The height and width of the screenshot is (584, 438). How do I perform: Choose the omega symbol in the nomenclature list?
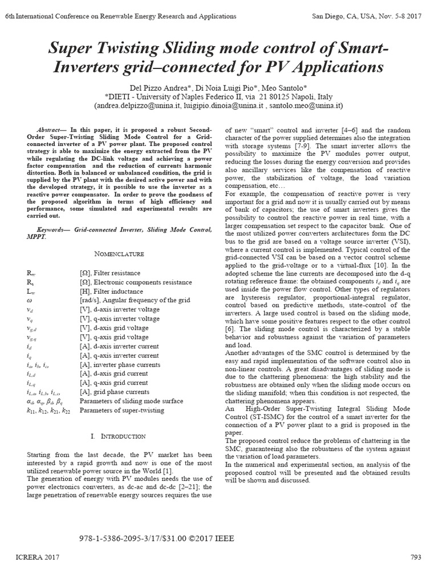click(x=30, y=300)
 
